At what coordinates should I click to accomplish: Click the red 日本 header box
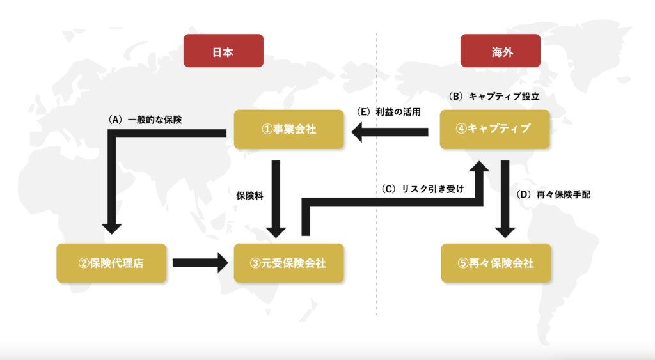click(223, 51)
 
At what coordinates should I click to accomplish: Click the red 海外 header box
click(500, 51)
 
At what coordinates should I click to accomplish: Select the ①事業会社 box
click(289, 129)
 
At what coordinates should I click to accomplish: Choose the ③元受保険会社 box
click(289, 262)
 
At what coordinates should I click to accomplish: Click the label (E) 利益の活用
click(389, 112)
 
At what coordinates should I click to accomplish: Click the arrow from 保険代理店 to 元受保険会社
click(200, 262)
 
